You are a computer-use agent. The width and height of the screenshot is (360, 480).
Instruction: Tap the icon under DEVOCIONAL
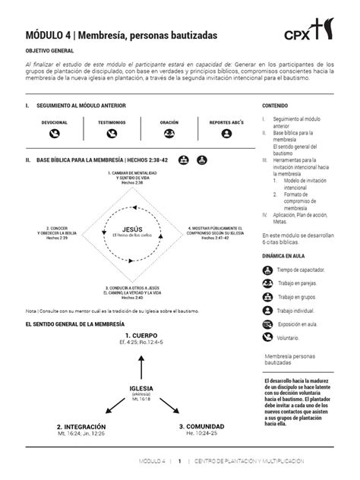coord(54,133)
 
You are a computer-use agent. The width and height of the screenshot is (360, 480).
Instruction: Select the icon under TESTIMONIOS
coord(112,133)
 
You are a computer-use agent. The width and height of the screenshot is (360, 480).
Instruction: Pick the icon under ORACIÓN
coord(169,133)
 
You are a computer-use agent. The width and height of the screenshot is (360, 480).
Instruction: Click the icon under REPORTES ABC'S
coord(226,133)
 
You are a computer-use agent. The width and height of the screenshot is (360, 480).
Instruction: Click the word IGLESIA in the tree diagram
coord(141,389)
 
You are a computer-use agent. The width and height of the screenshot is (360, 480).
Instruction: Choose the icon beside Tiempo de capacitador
coord(269,270)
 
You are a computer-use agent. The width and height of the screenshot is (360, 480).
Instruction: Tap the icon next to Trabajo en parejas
coord(269,283)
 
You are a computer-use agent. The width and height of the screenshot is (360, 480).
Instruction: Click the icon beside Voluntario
coord(269,337)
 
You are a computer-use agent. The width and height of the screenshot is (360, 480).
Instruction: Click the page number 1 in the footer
coord(180,461)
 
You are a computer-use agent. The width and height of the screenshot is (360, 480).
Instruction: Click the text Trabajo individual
coord(302,311)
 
